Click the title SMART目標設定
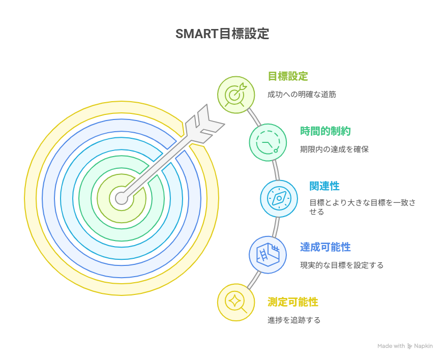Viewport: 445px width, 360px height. [222, 34]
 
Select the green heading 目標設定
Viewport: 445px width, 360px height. [288, 76]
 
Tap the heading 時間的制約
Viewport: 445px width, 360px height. [325, 131]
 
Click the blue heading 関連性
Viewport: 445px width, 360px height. [324, 186]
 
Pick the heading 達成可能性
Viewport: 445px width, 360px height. [325, 247]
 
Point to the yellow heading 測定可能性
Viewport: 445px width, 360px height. [292, 302]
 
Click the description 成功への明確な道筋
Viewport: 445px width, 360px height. [302, 95]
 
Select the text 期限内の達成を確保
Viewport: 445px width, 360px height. [334, 149]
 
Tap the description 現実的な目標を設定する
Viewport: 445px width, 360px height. [342, 265]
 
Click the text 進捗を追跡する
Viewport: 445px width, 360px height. [294, 320]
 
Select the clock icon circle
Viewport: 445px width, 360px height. [268, 142]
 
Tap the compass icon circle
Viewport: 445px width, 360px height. [279, 199]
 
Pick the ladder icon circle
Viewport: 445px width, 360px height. [268, 255]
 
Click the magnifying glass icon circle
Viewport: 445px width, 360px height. [236, 303]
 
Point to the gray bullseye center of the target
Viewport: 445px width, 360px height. [122, 198]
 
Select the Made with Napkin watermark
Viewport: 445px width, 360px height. [405, 346]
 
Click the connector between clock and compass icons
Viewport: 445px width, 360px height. [276, 170]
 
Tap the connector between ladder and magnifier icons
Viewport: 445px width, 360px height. [254, 280]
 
